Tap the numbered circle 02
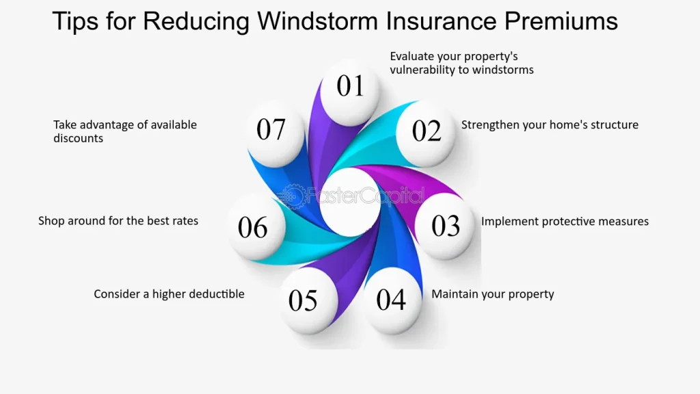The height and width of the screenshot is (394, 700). (427, 131)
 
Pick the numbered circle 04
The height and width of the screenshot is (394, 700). (391, 300)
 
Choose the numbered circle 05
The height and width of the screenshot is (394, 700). (303, 300)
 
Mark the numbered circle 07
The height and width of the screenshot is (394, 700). (271, 129)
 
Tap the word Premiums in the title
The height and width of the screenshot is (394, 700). (562, 21)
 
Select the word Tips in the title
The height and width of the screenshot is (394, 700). (75, 21)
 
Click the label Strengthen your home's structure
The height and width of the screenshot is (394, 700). (550, 124)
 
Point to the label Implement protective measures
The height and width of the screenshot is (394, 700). (565, 222)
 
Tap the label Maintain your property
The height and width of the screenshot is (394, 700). (492, 294)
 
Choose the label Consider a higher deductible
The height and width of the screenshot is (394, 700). (169, 294)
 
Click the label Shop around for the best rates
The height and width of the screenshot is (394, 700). (118, 221)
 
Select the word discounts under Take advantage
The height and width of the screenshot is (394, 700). (79, 138)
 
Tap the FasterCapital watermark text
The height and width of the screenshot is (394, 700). (366, 196)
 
